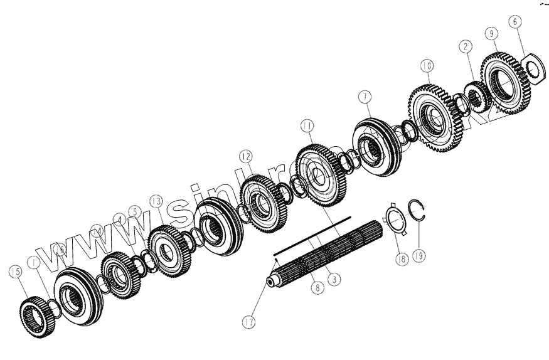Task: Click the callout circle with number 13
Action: (156, 201)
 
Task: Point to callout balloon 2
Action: (464, 46)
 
